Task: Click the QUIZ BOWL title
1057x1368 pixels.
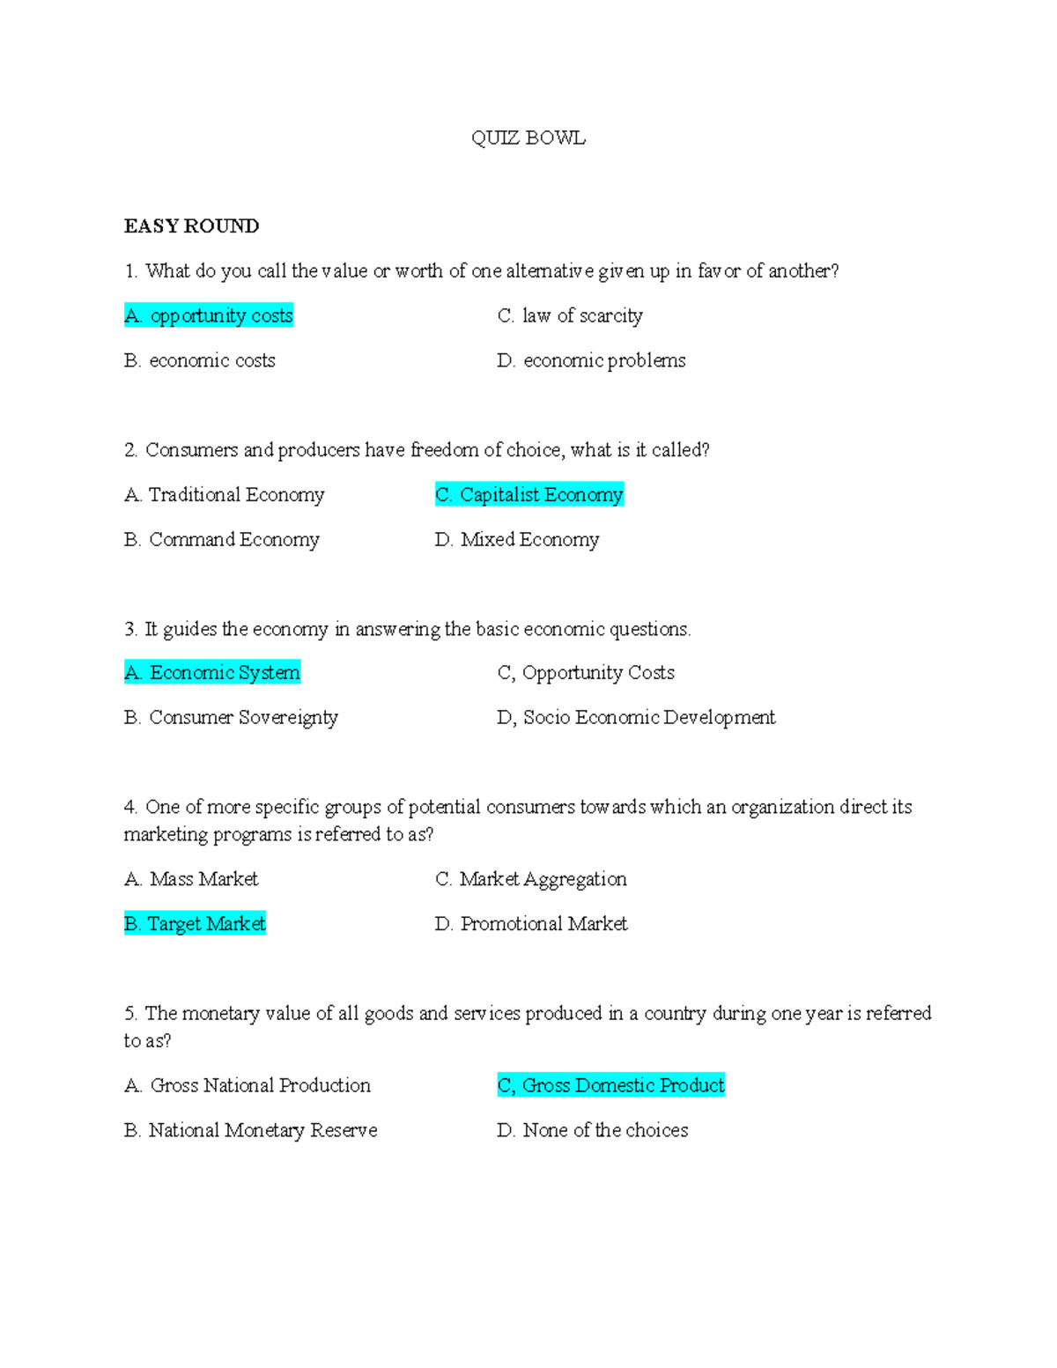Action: pyautogui.click(x=528, y=138)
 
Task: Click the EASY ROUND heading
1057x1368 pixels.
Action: pyautogui.click(x=191, y=226)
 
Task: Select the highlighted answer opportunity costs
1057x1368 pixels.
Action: pyautogui.click(x=209, y=315)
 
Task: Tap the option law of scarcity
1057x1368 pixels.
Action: pyautogui.click(x=570, y=315)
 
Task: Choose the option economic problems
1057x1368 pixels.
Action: pyautogui.click(x=591, y=360)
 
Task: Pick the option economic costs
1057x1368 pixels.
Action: pyautogui.click(x=200, y=360)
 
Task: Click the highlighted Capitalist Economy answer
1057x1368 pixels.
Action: pyautogui.click(x=529, y=494)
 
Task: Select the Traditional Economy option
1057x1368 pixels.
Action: pyautogui.click(x=225, y=494)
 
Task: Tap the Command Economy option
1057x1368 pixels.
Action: pyautogui.click(x=222, y=539)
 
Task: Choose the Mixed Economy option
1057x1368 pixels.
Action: pyautogui.click(x=517, y=539)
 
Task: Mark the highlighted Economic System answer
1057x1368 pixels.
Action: pyautogui.click(x=212, y=672)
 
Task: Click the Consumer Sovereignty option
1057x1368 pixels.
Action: pyautogui.click(x=232, y=717)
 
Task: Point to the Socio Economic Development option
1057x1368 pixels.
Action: pyautogui.click(x=636, y=717)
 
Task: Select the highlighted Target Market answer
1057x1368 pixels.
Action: pyautogui.click(x=195, y=923)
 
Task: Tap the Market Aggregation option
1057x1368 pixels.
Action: pyautogui.click(x=531, y=878)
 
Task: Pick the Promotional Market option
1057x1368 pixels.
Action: pyautogui.click(x=531, y=923)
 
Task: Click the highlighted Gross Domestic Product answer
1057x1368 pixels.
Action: pyautogui.click(x=611, y=1085)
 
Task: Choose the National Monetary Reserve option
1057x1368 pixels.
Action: pyautogui.click(x=251, y=1130)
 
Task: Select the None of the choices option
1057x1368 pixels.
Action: pyautogui.click(x=593, y=1130)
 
